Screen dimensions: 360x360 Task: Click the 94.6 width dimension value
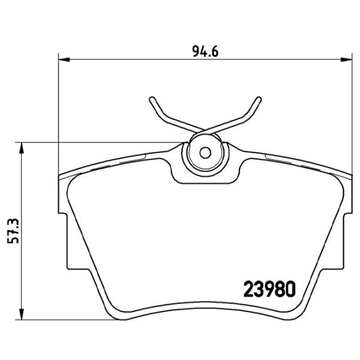tap(204, 50)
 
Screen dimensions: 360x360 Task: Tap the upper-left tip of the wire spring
tap(150, 98)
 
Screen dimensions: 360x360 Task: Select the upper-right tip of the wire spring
tap(259, 98)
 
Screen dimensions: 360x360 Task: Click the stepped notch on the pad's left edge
tap(62, 211)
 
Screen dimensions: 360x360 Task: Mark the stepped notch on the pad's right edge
tap(347, 211)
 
